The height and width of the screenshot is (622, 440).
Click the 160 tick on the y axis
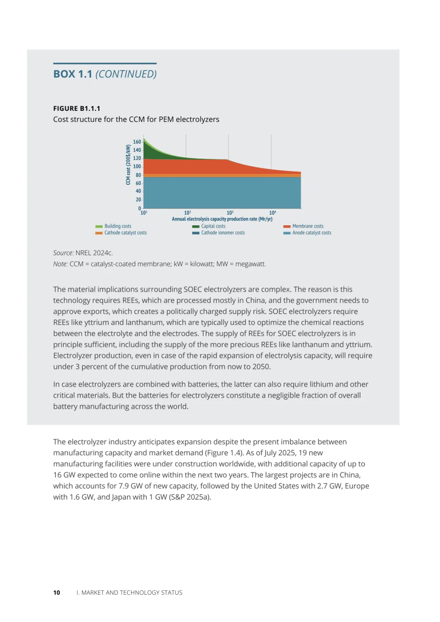tap(137, 142)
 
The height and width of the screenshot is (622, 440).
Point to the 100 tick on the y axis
tap(137, 167)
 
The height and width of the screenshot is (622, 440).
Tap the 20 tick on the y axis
tap(138, 200)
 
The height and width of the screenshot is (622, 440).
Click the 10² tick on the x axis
tap(187, 213)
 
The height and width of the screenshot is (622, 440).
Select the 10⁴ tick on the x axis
tap(273, 213)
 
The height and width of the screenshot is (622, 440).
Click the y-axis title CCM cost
tap(128, 165)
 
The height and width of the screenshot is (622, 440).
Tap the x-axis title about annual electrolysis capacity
tap(222, 219)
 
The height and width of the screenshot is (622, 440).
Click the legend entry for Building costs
tap(118, 226)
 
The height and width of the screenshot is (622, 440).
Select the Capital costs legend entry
tap(213, 226)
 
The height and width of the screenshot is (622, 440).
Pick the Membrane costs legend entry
tap(308, 226)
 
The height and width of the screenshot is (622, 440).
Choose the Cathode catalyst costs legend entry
tap(125, 233)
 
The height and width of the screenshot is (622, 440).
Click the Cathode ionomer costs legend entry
tap(223, 233)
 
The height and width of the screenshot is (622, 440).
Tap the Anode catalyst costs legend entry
tap(312, 233)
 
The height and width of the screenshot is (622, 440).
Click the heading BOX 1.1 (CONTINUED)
tap(105, 74)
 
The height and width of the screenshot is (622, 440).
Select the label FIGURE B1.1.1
tap(77, 108)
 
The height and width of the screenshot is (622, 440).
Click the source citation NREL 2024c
tap(94, 253)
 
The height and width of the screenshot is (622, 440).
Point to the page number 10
tap(57, 593)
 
